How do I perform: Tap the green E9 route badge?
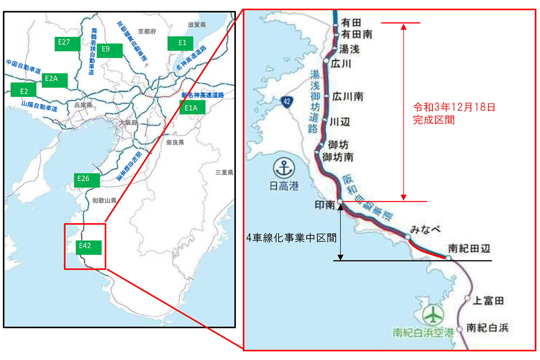click(x=109, y=50)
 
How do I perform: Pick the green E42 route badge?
click(x=89, y=248)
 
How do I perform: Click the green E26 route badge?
click(x=86, y=180)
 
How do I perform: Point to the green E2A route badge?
click(x=54, y=80)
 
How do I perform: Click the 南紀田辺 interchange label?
click(x=469, y=249)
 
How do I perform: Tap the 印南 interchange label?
click(x=325, y=205)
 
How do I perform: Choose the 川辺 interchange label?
click(x=340, y=122)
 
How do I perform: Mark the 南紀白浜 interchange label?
click(x=488, y=328)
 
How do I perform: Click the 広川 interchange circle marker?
click(x=326, y=61)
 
